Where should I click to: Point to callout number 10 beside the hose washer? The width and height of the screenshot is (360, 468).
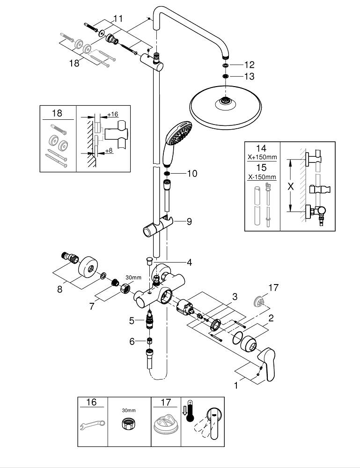(x=192, y=174)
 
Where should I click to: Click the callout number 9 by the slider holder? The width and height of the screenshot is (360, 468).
(x=189, y=221)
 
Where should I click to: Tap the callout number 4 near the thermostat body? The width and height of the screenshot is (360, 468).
(x=189, y=262)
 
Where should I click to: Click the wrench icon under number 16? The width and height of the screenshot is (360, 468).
(x=92, y=425)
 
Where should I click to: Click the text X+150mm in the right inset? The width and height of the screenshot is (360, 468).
(x=262, y=157)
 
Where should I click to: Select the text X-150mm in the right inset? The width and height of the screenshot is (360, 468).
(x=262, y=177)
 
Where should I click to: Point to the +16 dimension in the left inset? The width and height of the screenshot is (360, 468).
(x=112, y=114)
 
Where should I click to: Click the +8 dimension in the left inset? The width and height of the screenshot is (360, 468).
(x=109, y=151)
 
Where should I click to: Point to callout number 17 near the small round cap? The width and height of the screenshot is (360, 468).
(x=273, y=288)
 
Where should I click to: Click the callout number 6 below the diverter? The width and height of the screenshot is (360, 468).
(x=132, y=342)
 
